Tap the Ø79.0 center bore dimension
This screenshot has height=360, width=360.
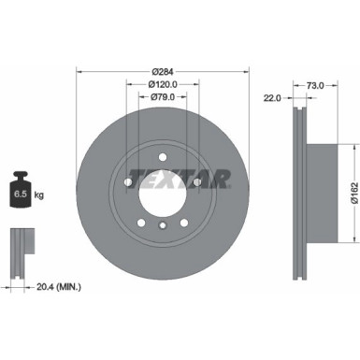pos(164,95)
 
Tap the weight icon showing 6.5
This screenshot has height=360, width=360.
pos(19,194)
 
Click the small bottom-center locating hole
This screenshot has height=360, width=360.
pos(165,225)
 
